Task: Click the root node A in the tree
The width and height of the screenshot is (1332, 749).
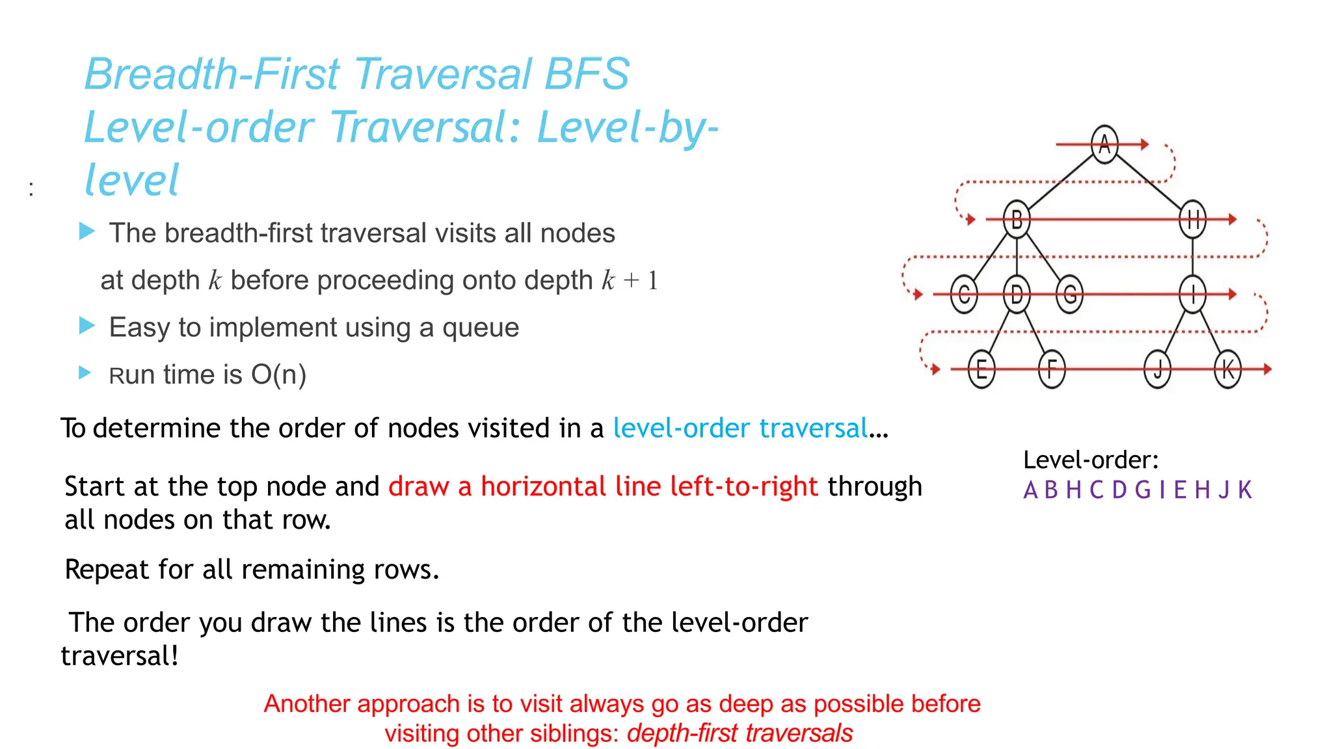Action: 1104,144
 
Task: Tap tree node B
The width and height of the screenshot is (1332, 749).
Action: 1017,219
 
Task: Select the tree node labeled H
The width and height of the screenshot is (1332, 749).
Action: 1192,219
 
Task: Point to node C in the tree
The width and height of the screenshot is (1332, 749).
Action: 964,294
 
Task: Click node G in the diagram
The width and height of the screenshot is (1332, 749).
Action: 1069,294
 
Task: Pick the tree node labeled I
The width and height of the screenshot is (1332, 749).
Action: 1192,294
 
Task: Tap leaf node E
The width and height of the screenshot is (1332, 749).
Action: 981,369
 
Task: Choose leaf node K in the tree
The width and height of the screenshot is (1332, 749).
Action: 1227,369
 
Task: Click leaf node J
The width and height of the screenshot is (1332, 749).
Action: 1157,369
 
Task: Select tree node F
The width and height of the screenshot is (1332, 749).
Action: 1052,369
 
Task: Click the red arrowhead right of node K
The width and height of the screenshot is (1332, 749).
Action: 1267,369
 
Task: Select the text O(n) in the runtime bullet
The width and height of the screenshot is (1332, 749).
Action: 278,375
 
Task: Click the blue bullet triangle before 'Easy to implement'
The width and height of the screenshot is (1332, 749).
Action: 87,325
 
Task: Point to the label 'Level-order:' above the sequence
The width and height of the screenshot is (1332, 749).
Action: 1091,460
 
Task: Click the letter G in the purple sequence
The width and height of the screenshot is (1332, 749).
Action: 1142,490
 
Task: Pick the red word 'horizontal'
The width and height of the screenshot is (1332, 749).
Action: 543,486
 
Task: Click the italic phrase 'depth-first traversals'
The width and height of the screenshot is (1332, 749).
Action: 739,733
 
